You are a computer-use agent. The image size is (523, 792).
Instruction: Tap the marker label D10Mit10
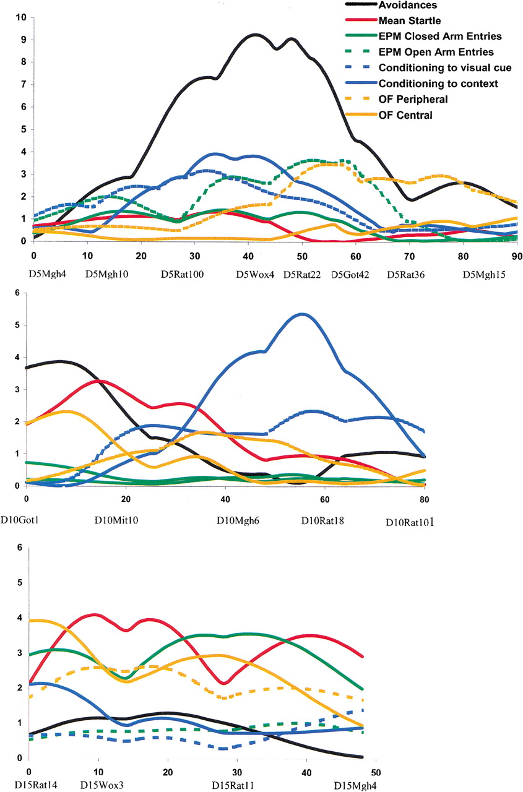[116, 521]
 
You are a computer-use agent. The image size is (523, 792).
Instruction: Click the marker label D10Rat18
[322, 521]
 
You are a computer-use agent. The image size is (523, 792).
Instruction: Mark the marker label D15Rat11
[232, 786]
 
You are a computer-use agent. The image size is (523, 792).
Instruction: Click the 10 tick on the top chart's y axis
[21, 17]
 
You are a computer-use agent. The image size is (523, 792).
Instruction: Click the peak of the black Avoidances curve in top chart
[254, 35]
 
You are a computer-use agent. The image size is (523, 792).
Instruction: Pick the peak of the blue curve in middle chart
[302, 314]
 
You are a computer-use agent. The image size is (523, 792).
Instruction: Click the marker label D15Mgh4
[355, 786]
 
